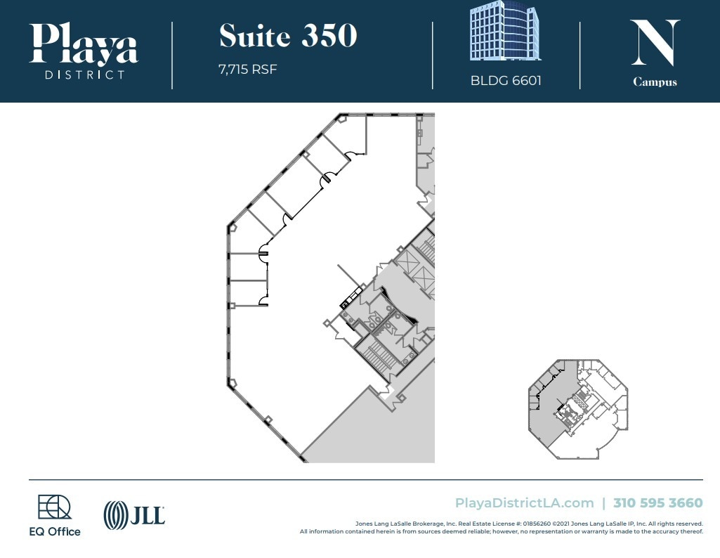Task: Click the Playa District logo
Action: click(x=84, y=51)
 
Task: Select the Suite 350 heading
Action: click(x=288, y=36)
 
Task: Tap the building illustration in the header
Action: click(x=506, y=31)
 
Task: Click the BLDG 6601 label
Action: click(x=506, y=80)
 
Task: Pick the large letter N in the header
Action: click(x=655, y=44)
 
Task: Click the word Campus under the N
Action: click(x=655, y=82)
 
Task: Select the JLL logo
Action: click(x=134, y=515)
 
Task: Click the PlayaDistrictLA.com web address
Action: click(x=524, y=503)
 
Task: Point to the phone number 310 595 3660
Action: click(x=657, y=503)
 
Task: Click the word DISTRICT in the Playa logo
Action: click(x=84, y=74)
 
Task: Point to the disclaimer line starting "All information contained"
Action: click(x=501, y=531)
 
